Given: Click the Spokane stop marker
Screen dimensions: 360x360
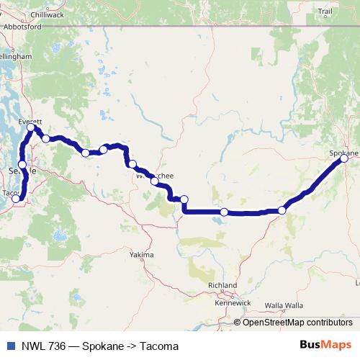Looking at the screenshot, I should (344, 158).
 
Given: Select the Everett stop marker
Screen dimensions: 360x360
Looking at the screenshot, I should (31, 127).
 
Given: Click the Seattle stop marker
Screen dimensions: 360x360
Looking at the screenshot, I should (22, 165).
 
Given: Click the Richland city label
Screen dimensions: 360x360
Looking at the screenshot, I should (221, 286).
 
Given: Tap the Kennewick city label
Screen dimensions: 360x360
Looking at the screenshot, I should (233, 302).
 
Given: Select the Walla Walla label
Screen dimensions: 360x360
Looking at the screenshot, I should (284, 305).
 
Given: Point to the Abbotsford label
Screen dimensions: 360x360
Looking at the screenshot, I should (24, 27).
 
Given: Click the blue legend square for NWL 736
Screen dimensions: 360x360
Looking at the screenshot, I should (10, 346).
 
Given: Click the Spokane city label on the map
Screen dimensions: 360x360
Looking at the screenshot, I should (343, 153).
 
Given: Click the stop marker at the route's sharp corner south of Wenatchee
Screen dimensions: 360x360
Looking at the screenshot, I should (184, 199).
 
